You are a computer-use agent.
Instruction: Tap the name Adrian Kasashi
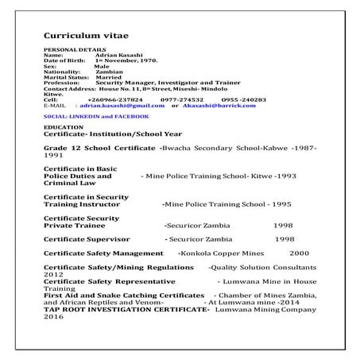click(116, 55)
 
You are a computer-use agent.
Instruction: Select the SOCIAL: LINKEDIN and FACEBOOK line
click(96, 116)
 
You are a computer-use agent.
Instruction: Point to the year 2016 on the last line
click(52, 315)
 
